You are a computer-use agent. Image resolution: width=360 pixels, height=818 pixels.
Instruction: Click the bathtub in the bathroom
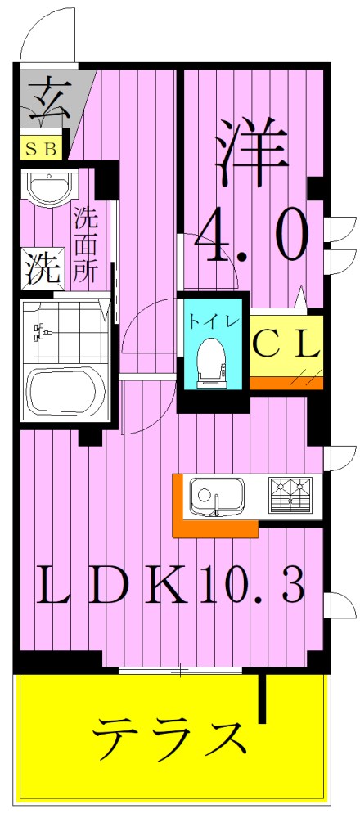tap(66, 393)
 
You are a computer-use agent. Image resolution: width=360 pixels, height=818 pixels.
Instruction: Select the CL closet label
tap(286, 344)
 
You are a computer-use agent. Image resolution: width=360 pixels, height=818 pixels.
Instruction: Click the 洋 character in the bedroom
tap(250, 155)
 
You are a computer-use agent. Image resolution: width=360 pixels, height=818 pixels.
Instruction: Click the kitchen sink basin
tap(217, 496)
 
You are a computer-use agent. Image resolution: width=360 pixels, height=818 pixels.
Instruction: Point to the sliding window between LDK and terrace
tap(180, 672)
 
